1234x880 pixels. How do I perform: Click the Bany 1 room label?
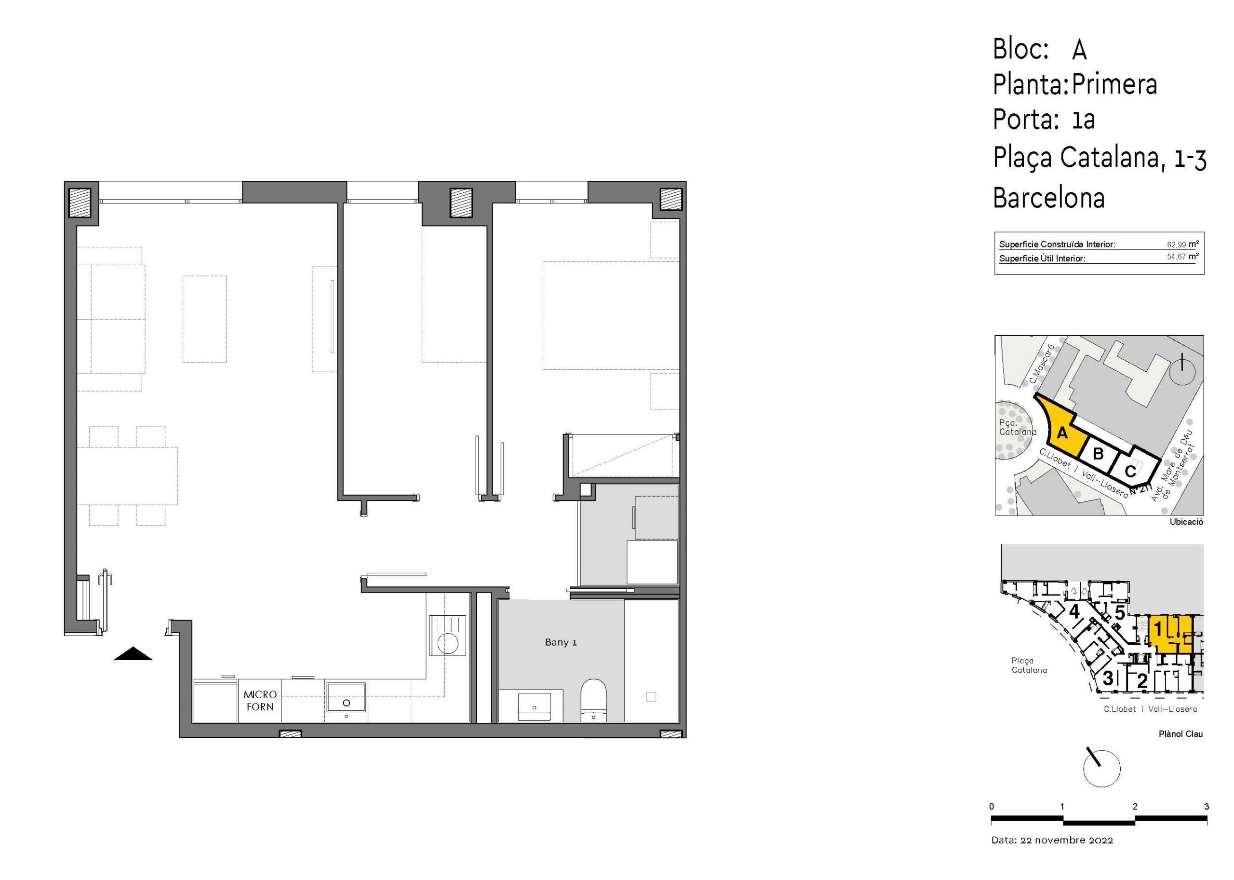coord(560,642)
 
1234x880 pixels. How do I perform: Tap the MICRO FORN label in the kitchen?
coord(260,700)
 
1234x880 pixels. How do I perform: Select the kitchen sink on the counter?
coord(346,697)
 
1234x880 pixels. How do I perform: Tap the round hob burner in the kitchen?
coord(448,644)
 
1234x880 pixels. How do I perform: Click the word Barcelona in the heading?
coord(1048,198)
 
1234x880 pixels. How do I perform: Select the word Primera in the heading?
coord(1114,84)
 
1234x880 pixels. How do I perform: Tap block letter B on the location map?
coord(1098,453)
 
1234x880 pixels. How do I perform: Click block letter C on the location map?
coord(1129,471)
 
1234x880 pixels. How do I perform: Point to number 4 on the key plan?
coord(1074,612)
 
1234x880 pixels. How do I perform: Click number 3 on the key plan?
coord(1108,677)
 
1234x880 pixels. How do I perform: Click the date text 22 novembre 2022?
coord(1066,840)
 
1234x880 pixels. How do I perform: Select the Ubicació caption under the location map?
coord(1186,522)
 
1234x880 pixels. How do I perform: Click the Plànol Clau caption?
coord(1180,734)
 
